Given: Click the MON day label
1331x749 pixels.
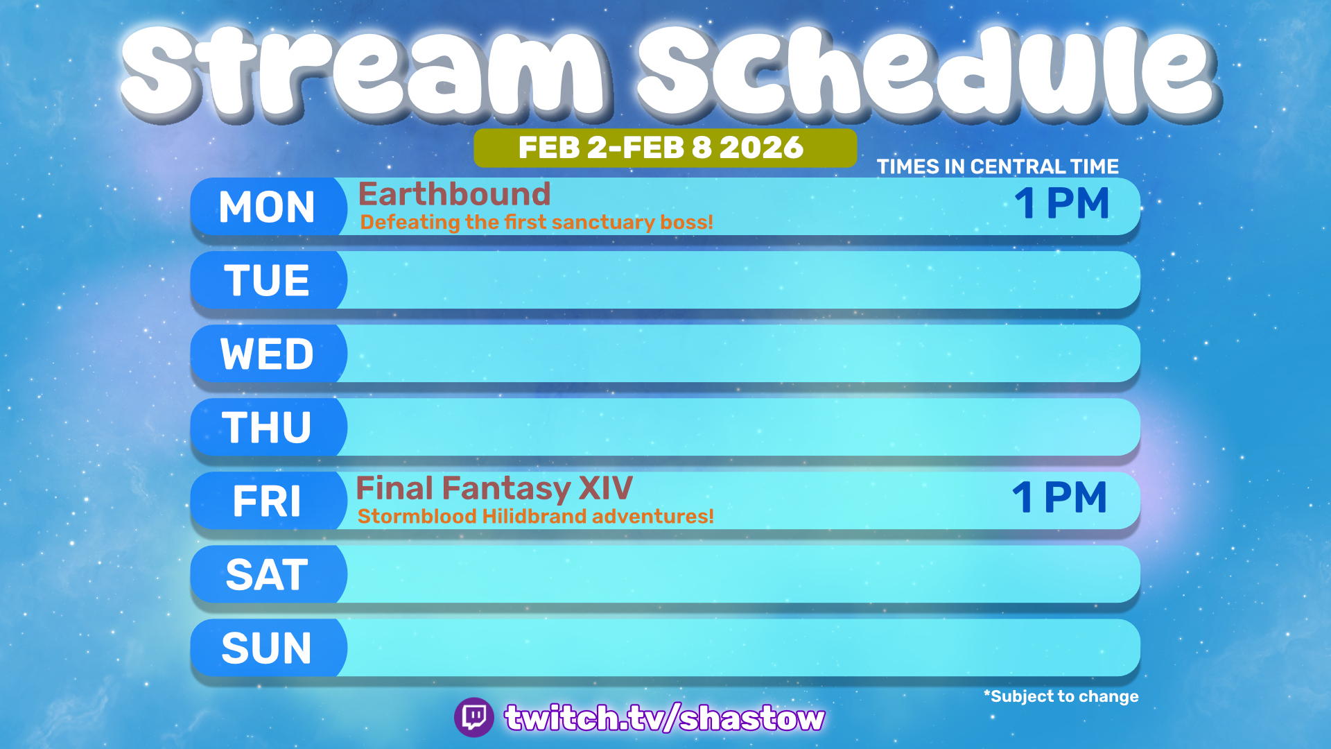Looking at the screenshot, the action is [x=267, y=207].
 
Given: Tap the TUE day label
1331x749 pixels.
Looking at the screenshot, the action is [x=267, y=280].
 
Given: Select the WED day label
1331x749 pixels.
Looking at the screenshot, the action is [x=267, y=354].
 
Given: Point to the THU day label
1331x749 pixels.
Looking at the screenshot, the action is [x=267, y=427].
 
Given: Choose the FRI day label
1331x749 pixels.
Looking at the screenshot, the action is [x=267, y=501].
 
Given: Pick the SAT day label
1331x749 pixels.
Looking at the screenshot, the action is [x=267, y=574].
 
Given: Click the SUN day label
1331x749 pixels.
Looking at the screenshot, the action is [x=267, y=648].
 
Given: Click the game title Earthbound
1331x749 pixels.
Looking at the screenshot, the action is [x=454, y=193].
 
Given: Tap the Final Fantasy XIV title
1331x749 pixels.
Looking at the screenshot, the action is [x=494, y=489].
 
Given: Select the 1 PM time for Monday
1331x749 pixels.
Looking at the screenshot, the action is [x=1062, y=203].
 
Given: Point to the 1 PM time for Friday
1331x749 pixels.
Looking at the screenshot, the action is [x=1059, y=497].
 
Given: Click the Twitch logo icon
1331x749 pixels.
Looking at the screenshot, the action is [x=474, y=717].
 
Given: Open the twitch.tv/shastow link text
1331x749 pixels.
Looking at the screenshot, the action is [x=665, y=718].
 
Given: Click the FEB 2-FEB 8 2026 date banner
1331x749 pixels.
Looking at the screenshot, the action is [x=665, y=148].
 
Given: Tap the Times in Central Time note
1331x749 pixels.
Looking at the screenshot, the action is [x=998, y=166].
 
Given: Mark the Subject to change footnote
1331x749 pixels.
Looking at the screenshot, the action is [x=1061, y=696].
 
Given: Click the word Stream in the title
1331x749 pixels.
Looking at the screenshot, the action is [x=364, y=71].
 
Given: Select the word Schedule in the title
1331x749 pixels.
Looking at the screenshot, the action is [x=929, y=71].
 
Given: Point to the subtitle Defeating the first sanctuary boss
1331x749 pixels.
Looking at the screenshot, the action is [x=537, y=223].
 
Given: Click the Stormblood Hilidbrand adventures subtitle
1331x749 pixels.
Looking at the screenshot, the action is [x=535, y=517].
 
